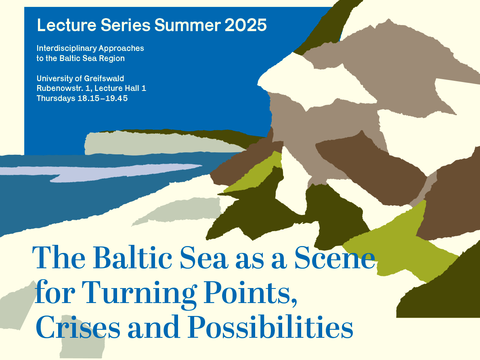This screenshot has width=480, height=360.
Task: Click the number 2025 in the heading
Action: point(245,25)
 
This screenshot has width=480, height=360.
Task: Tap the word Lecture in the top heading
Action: point(67,25)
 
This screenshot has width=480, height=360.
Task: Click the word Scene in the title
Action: point(335,258)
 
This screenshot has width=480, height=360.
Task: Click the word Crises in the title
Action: point(78,327)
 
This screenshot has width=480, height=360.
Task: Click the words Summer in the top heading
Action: point(187,25)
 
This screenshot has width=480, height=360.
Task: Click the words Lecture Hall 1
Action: point(120,88)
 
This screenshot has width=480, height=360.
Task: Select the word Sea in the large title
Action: point(204,258)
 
